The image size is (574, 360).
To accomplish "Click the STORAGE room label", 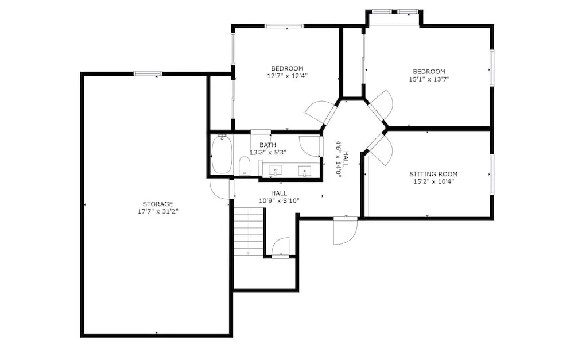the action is pyautogui.click(x=157, y=204).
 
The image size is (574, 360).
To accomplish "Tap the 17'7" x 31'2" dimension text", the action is pyautogui.click(x=157, y=211).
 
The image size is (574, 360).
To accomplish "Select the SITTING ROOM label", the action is pyautogui.click(x=433, y=174).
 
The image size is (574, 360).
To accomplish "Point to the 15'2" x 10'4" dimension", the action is pyautogui.click(x=433, y=181).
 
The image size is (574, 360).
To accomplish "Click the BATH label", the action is pyautogui.click(x=267, y=145).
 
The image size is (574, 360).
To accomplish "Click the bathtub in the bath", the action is pyautogui.click(x=222, y=154).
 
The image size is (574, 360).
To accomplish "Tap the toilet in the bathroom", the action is pyautogui.click(x=244, y=166).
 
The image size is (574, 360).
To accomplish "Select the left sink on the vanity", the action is pyautogui.click(x=275, y=171).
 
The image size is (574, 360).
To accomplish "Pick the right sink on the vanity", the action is pyautogui.click(x=305, y=171).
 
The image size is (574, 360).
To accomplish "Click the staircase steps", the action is pyautogui.click(x=249, y=231).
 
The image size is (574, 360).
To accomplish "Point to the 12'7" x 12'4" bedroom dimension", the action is pyautogui.click(x=287, y=76).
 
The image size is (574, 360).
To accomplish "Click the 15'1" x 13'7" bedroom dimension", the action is pyautogui.click(x=429, y=79).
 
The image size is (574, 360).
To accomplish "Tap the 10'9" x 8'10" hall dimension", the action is pyautogui.click(x=279, y=201).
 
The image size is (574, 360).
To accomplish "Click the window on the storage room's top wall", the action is pyautogui.click(x=148, y=73).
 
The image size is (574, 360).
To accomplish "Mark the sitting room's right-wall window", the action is pyautogui.click(x=492, y=175).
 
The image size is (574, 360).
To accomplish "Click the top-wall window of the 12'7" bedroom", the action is pyautogui.click(x=284, y=26).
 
